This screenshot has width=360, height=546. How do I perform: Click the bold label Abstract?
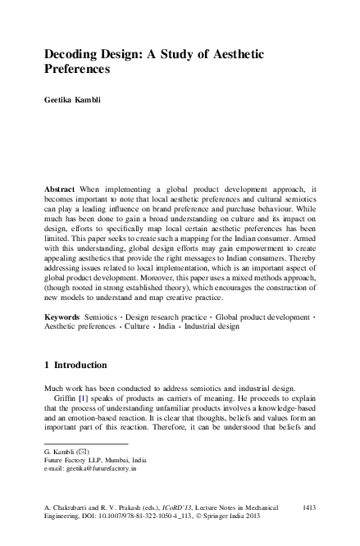[61, 189]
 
